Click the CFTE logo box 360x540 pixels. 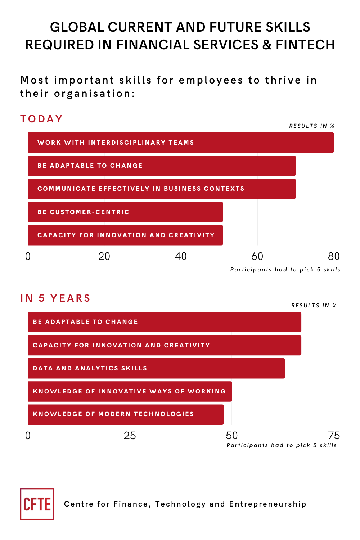[x=37, y=504]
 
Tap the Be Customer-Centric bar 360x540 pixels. [x=125, y=212]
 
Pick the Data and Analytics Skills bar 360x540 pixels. [x=156, y=368]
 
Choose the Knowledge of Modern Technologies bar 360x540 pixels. [x=126, y=414]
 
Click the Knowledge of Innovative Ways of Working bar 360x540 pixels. [x=130, y=391]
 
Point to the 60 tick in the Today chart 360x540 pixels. [x=257, y=256]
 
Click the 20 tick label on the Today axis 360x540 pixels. [x=104, y=256]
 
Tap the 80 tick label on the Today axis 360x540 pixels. [x=334, y=256]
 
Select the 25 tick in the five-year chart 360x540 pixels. [x=130, y=436]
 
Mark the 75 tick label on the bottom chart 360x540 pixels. [x=334, y=436]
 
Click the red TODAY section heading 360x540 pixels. [x=42, y=119]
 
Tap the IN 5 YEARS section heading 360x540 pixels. [x=55, y=298]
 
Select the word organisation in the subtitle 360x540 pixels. [x=94, y=94]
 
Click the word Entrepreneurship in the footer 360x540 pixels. [x=267, y=504]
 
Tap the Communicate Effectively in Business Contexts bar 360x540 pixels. [x=162, y=189]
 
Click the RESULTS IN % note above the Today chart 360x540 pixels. [x=312, y=126]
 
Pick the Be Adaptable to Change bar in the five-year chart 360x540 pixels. [x=164, y=322]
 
